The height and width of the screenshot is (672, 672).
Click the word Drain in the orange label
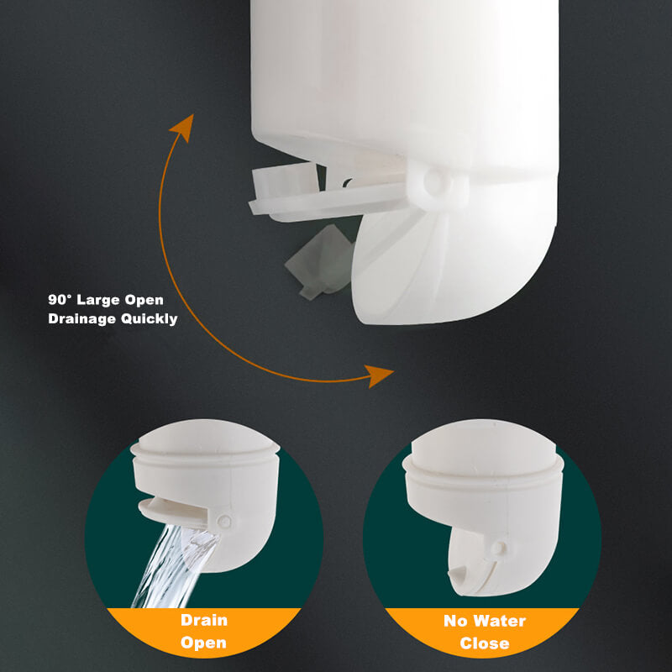pos(203,622)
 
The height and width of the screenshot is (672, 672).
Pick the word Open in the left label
pos(203,643)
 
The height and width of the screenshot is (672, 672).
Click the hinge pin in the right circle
pos(499,547)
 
